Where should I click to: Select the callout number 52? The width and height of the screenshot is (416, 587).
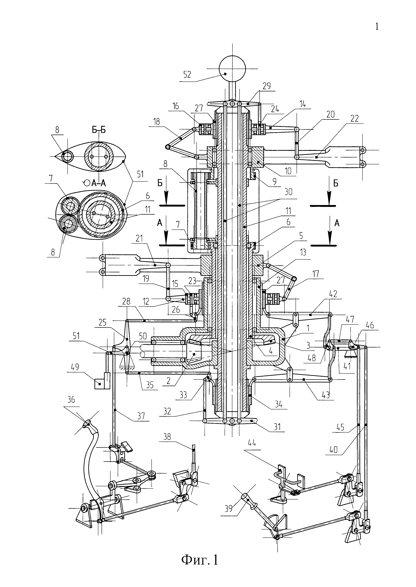(x=187, y=75)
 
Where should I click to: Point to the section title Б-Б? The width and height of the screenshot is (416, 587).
(x=99, y=130)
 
